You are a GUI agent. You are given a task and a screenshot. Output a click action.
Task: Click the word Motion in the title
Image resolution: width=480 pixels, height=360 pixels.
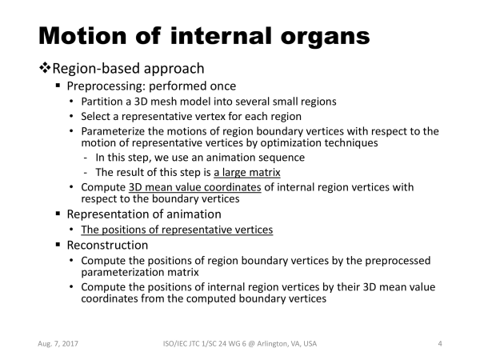[82, 36]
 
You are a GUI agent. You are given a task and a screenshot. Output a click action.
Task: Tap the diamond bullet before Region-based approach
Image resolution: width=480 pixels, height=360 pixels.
[45, 68]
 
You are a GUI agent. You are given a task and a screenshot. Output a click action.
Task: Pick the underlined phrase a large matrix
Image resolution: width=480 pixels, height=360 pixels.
[247, 172]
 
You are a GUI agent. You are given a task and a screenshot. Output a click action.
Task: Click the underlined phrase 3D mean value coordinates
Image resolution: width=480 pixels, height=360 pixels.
[195, 187]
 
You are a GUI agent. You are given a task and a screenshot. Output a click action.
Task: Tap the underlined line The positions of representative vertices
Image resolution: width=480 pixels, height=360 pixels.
[177, 230]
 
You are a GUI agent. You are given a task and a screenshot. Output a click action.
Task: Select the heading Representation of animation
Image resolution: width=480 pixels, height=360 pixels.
[144, 214]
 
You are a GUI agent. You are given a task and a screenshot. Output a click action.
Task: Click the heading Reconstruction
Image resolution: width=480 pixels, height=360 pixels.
[107, 246]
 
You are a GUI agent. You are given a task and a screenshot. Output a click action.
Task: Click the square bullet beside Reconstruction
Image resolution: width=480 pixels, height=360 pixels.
[58, 245]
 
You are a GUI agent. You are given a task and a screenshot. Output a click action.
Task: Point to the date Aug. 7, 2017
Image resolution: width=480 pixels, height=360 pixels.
[58, 344]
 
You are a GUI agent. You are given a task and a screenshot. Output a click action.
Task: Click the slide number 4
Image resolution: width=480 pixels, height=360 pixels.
[440, 344]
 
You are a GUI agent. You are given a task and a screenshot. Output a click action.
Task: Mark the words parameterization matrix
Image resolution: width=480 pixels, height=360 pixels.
[140, 272]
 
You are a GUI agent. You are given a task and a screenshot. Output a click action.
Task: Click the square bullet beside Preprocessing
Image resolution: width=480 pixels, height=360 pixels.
[58, 86]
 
